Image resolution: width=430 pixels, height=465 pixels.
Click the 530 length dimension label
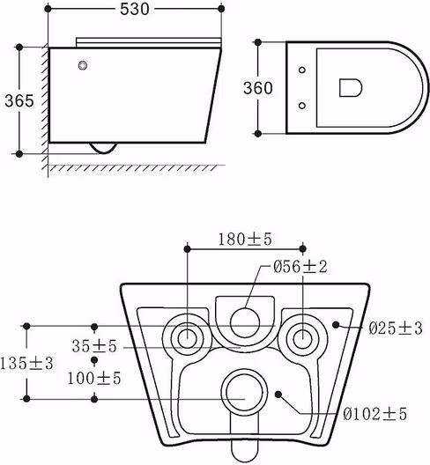[135, 9]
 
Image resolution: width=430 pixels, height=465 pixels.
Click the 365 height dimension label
[19, 100]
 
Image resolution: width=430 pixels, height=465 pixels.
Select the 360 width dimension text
[258, 88]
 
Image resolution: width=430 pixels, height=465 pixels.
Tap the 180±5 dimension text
[245, 240]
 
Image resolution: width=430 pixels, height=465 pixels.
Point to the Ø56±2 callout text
[300, 267]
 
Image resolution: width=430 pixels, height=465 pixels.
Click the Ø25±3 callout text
[396, 328]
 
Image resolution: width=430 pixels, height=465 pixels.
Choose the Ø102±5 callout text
[374, 414]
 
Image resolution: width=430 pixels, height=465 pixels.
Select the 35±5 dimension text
[94, 346]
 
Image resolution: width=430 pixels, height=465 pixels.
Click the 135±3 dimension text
[26, 363]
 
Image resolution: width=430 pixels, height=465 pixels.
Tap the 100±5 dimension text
[94, 378]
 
